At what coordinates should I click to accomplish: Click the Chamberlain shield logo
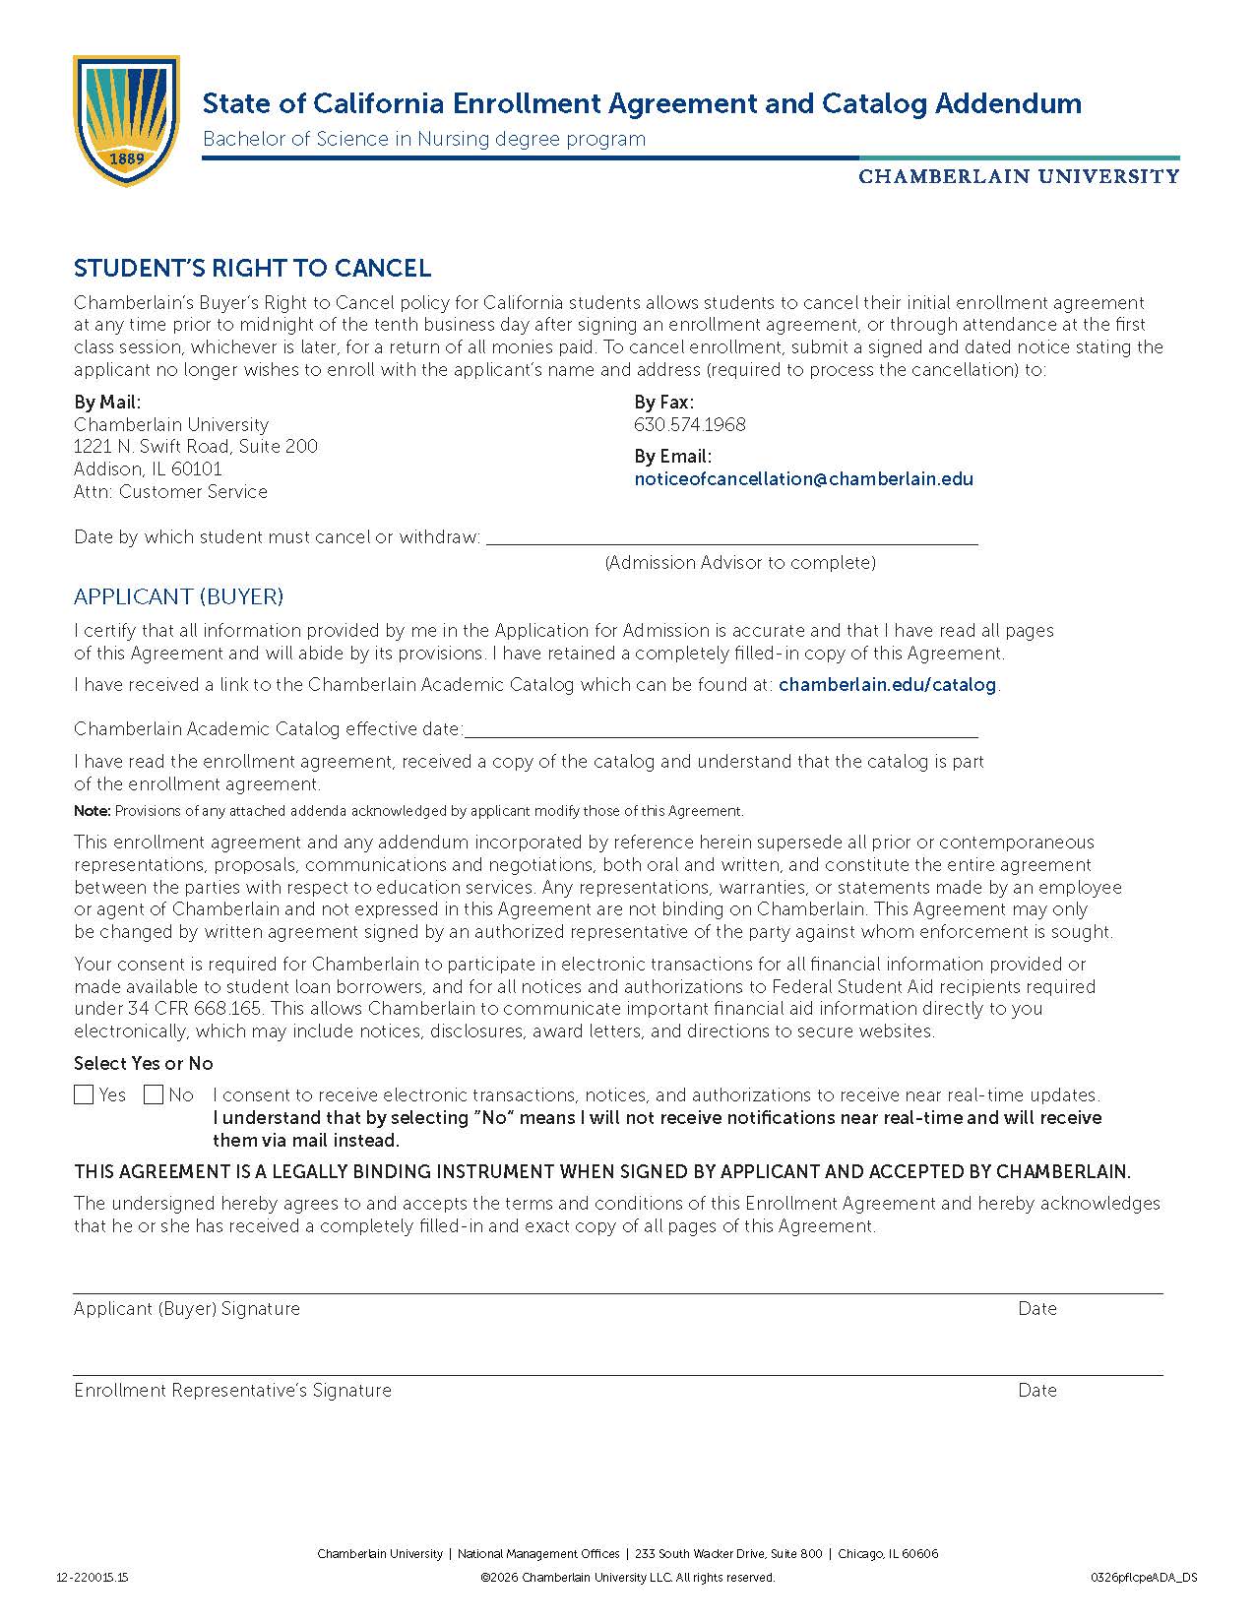[x=126, y=119]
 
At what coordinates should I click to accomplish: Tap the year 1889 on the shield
[x=126, y=158]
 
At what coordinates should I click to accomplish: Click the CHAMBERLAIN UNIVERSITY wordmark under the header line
[x=1018, y=177]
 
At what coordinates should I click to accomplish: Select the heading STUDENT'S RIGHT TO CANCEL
[x=252, y=269]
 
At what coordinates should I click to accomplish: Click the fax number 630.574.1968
[x=689, y=425]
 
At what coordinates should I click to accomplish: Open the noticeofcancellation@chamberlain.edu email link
[x=803, y=479]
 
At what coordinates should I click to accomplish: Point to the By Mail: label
[x=107, y=403]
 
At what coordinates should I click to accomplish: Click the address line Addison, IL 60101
[x=148, y=469]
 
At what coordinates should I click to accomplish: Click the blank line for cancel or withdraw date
[x=731, y=537]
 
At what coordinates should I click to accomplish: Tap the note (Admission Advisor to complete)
[x=739, y=563]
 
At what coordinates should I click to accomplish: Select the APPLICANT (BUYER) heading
[x=178, y=597]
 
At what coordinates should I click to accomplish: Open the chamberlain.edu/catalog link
[x=887, y=685]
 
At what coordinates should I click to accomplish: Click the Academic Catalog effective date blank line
[x=721, y=730]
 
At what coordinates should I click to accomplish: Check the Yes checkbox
[x=84, y=1095]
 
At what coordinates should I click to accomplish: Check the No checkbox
[x=154, y=1095]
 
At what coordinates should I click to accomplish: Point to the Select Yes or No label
[x=144, y=1064]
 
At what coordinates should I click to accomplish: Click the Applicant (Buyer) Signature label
[x=187, y=1309]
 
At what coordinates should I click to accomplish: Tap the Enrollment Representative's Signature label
[x=232, y=1391]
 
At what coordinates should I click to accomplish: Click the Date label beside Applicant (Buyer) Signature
[x=1037, y=1309]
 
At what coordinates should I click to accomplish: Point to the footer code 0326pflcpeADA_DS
[x=1144, y=1578]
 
